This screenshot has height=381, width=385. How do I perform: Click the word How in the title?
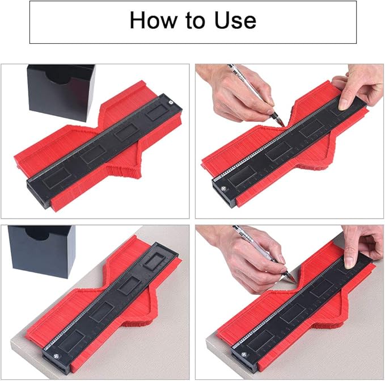click(153, 20)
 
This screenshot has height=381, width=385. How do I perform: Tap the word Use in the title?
click(235, 20)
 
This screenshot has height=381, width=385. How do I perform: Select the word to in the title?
click(196, 21)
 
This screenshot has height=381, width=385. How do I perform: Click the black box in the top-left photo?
click(61, 92)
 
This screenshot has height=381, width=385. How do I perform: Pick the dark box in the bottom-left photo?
click(42, 251)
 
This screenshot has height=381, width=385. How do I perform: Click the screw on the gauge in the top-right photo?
click(223, 189)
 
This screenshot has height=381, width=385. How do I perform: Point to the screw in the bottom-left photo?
click(57, 356)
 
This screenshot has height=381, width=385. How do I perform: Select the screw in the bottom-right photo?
click(244, 354)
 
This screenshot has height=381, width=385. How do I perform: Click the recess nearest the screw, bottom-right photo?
click(260, 340)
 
